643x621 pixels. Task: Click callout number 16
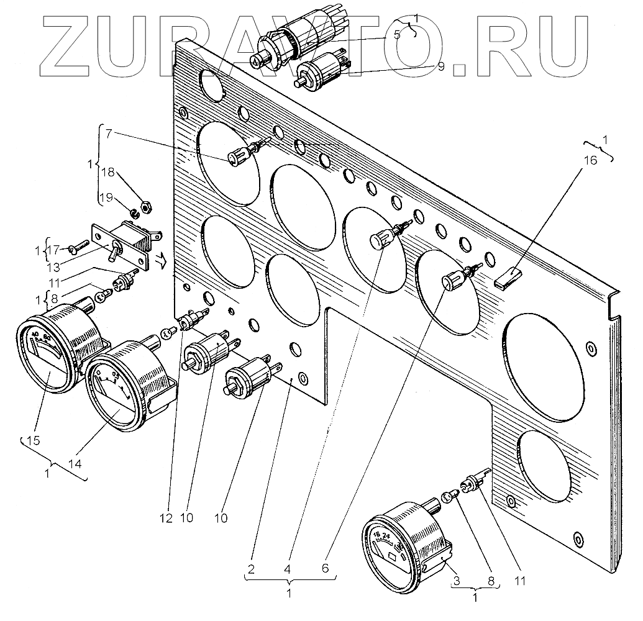tap(590, 160)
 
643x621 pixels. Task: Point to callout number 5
tap(396, 35)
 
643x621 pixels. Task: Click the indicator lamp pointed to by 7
tap(237, 157)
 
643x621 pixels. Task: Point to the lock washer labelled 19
tap(134, 215)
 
